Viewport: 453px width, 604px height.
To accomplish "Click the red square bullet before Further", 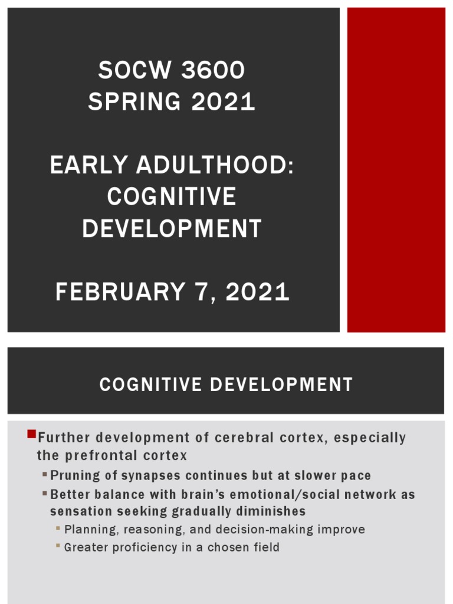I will click(x=32, y=435).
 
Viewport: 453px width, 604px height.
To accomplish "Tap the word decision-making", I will click(x=264, y=529).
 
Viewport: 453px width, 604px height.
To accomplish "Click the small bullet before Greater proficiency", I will click(x=58, y=546).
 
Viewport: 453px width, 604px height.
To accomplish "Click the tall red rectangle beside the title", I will click(x=396, y=170).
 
